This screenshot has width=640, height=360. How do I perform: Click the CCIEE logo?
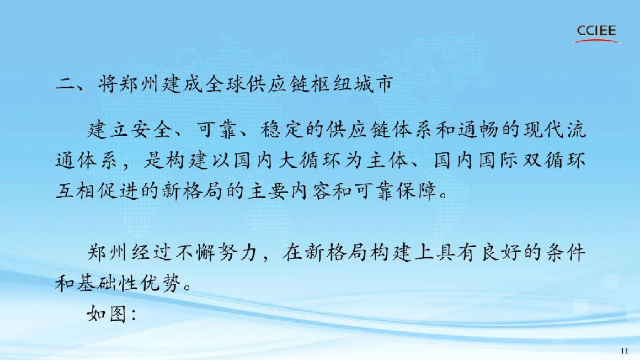(x=597, y=33)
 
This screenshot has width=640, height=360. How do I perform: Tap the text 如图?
(x=107, y=312)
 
